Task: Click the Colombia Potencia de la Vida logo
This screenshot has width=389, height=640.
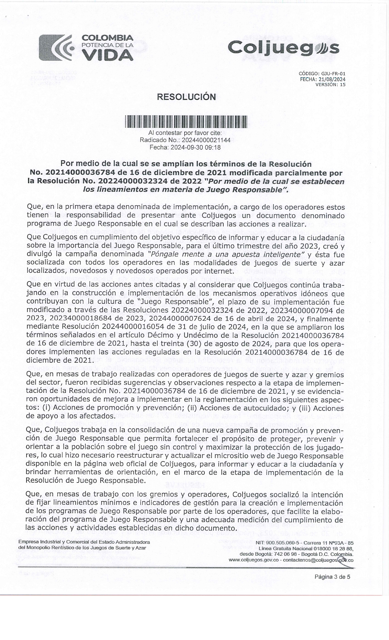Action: pos(86,48)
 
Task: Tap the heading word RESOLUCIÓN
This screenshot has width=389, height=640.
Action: pos(186,97)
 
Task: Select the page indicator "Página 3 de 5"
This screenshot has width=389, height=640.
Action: pos(332,577)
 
